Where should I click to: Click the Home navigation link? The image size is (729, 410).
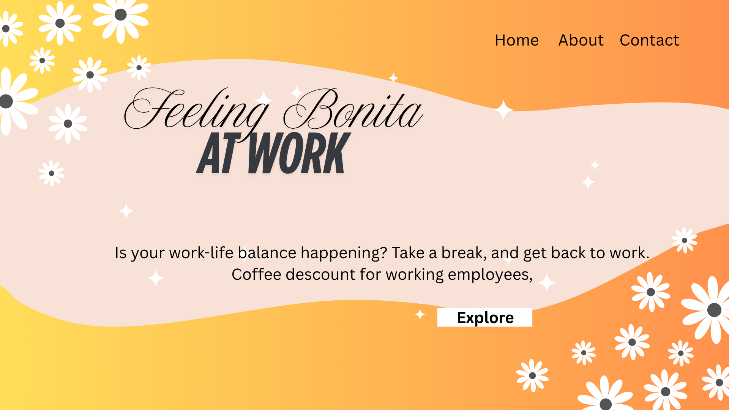(516, 40)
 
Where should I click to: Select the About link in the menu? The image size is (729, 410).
(581, 40)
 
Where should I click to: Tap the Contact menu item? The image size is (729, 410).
(649, 40)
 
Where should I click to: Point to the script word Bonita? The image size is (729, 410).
(353, 110)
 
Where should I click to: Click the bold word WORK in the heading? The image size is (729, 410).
(298, 153)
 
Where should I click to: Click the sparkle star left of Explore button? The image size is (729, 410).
(420, 314)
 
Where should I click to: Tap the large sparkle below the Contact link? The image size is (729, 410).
(503, 110)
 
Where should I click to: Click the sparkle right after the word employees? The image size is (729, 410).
(547, 283)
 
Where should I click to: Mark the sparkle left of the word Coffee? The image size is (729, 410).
(156, 278)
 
